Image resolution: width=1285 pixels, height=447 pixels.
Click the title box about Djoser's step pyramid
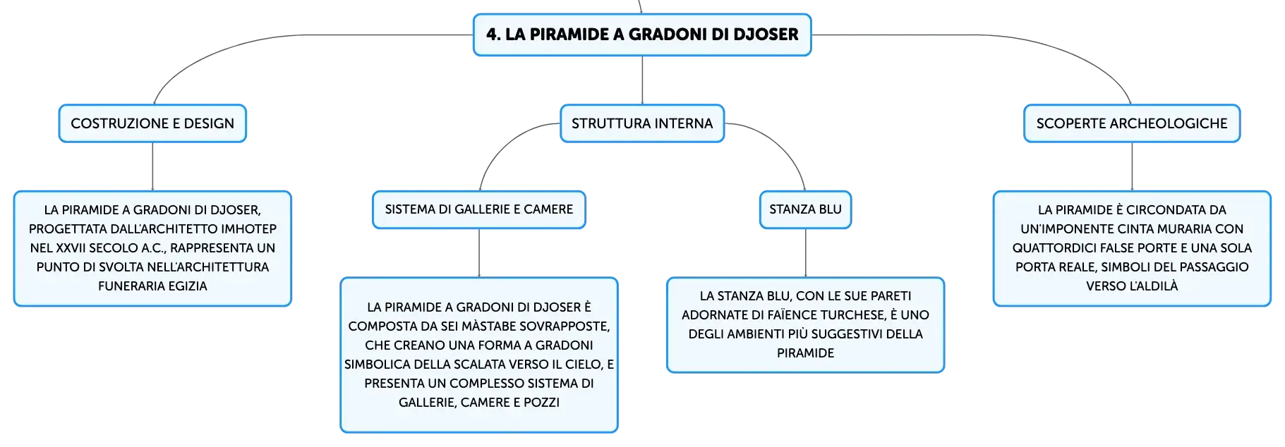[642, 35]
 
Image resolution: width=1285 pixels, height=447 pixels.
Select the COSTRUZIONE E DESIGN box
[152, 123]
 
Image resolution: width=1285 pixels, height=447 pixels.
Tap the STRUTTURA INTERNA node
[642, 123]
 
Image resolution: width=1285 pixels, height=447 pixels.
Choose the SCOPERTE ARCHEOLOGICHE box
[1132, 123]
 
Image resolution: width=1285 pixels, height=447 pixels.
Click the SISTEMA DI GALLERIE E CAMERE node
[479, 209]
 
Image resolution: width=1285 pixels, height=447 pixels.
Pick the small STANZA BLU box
[805, 209]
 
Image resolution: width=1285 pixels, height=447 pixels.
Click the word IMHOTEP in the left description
[248, 229]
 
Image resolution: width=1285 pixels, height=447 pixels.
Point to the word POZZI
[542, 403]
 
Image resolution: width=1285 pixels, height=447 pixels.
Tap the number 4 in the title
[493, 35]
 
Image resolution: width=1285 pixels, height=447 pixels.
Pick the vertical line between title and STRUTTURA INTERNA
[642, 80]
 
